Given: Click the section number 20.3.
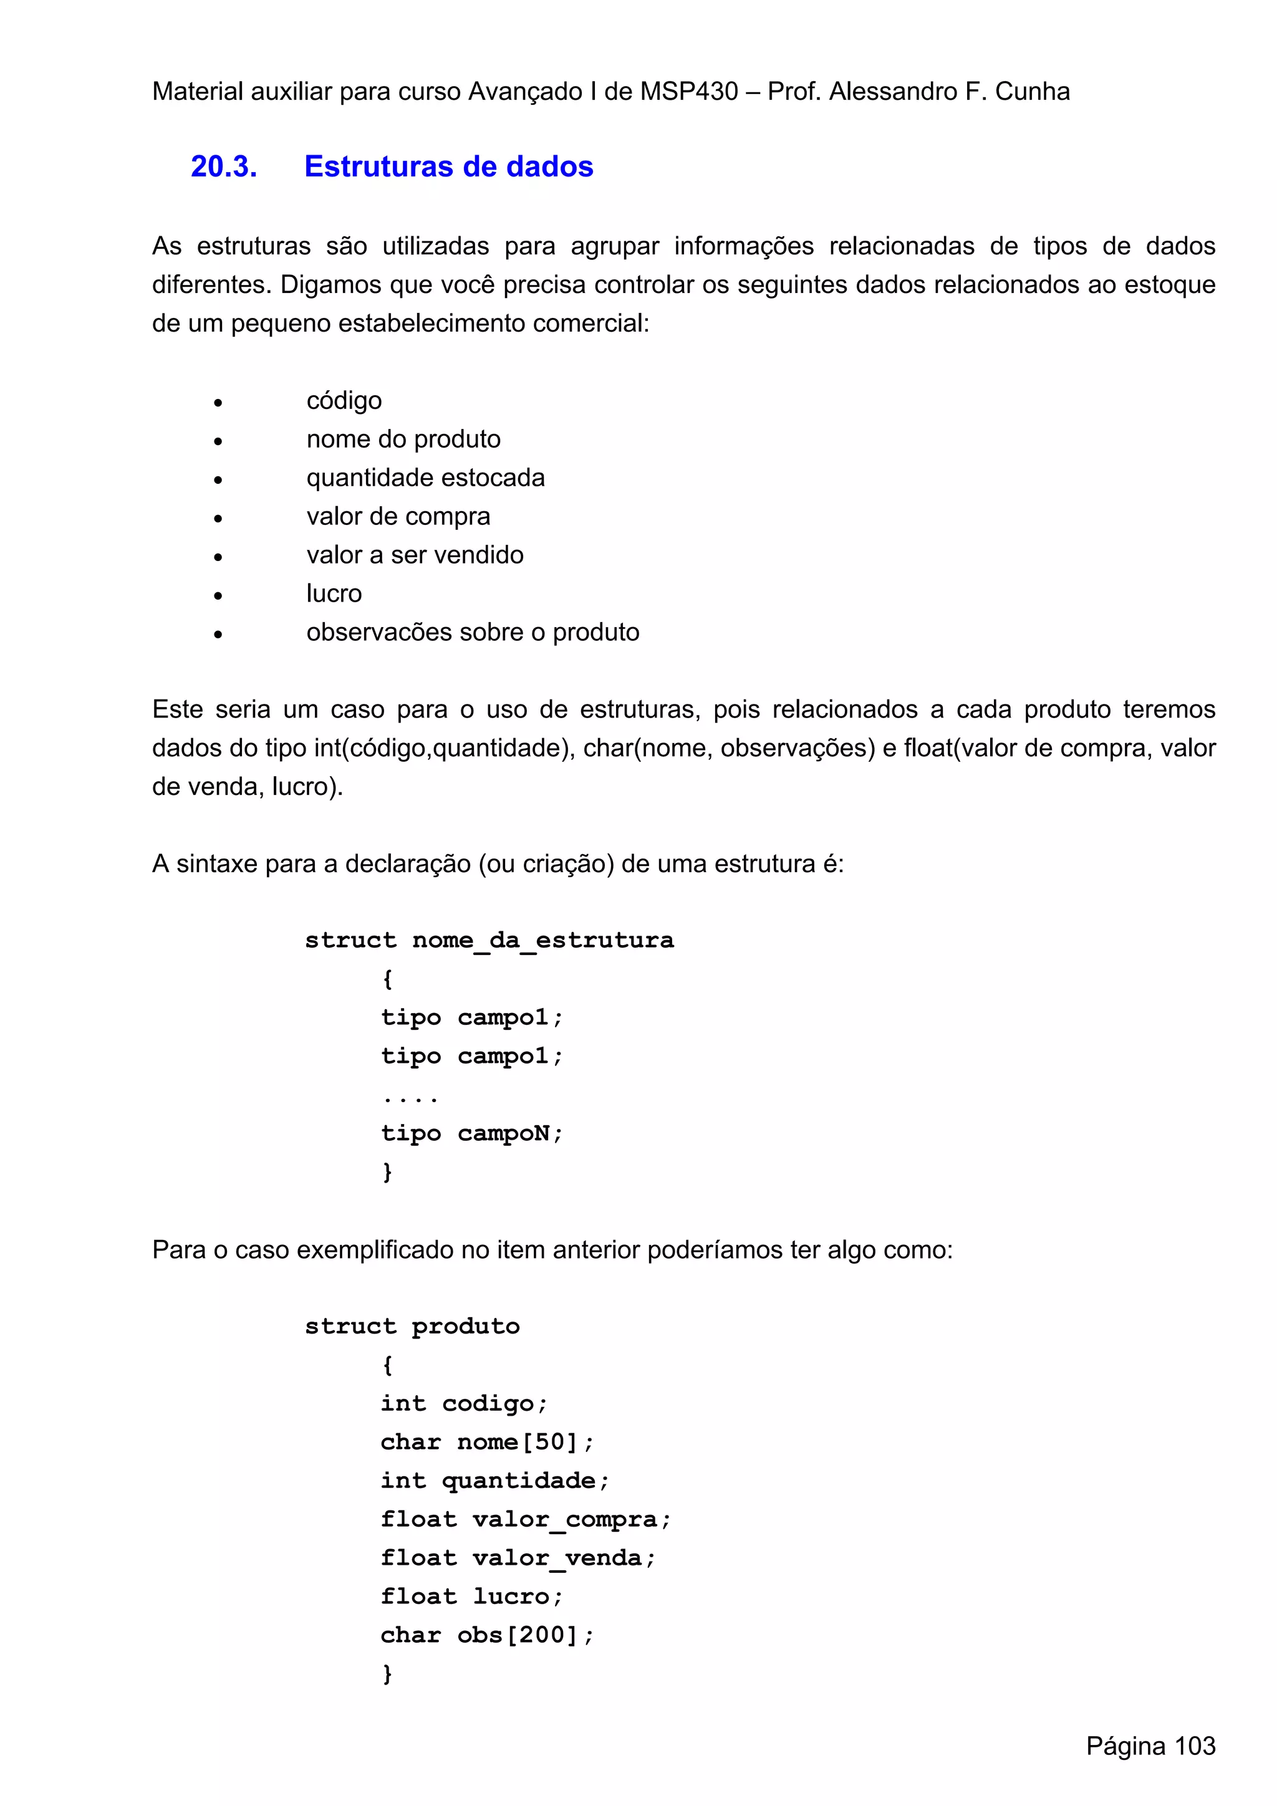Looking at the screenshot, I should pos(223,166).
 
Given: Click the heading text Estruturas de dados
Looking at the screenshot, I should pos(448,166).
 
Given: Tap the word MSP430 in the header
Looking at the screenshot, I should pos(688,92).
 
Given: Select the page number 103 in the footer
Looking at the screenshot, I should pos(1195,1746).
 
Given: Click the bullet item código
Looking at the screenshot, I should pos(344,401).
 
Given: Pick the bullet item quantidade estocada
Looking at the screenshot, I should pos(425,478).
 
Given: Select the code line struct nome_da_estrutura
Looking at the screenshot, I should pos(489,940).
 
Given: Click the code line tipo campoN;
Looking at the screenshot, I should pos(471,1133).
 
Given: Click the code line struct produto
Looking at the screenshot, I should pos(412,1326).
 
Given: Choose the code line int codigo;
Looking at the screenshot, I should pos(463,1404).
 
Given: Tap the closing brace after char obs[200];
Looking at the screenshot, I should pos(387,1674).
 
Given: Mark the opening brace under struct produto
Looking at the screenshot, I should pos(387,1365).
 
